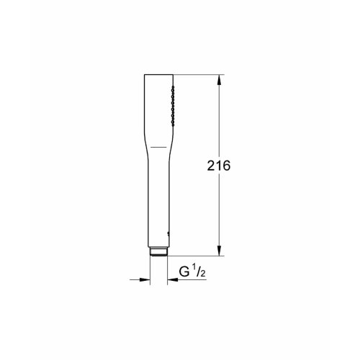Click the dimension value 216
(218, 165)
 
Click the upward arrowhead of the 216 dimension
(218, 77)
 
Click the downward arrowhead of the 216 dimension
(218, 251)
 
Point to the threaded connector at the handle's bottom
(158, 251)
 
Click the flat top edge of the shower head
(159, 73)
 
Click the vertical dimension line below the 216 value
(218, 212)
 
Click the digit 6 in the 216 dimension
(226, 165)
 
